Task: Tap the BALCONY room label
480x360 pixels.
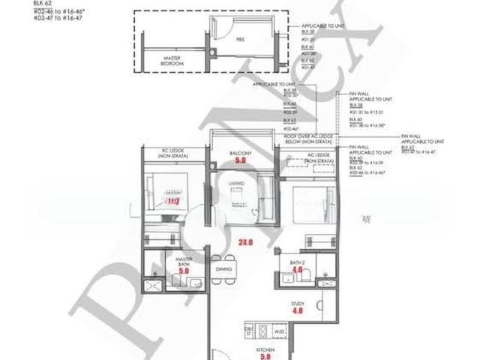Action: pos(241,153)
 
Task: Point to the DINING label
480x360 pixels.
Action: pos(223,268)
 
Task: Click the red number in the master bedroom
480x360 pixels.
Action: pos(172,200)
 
